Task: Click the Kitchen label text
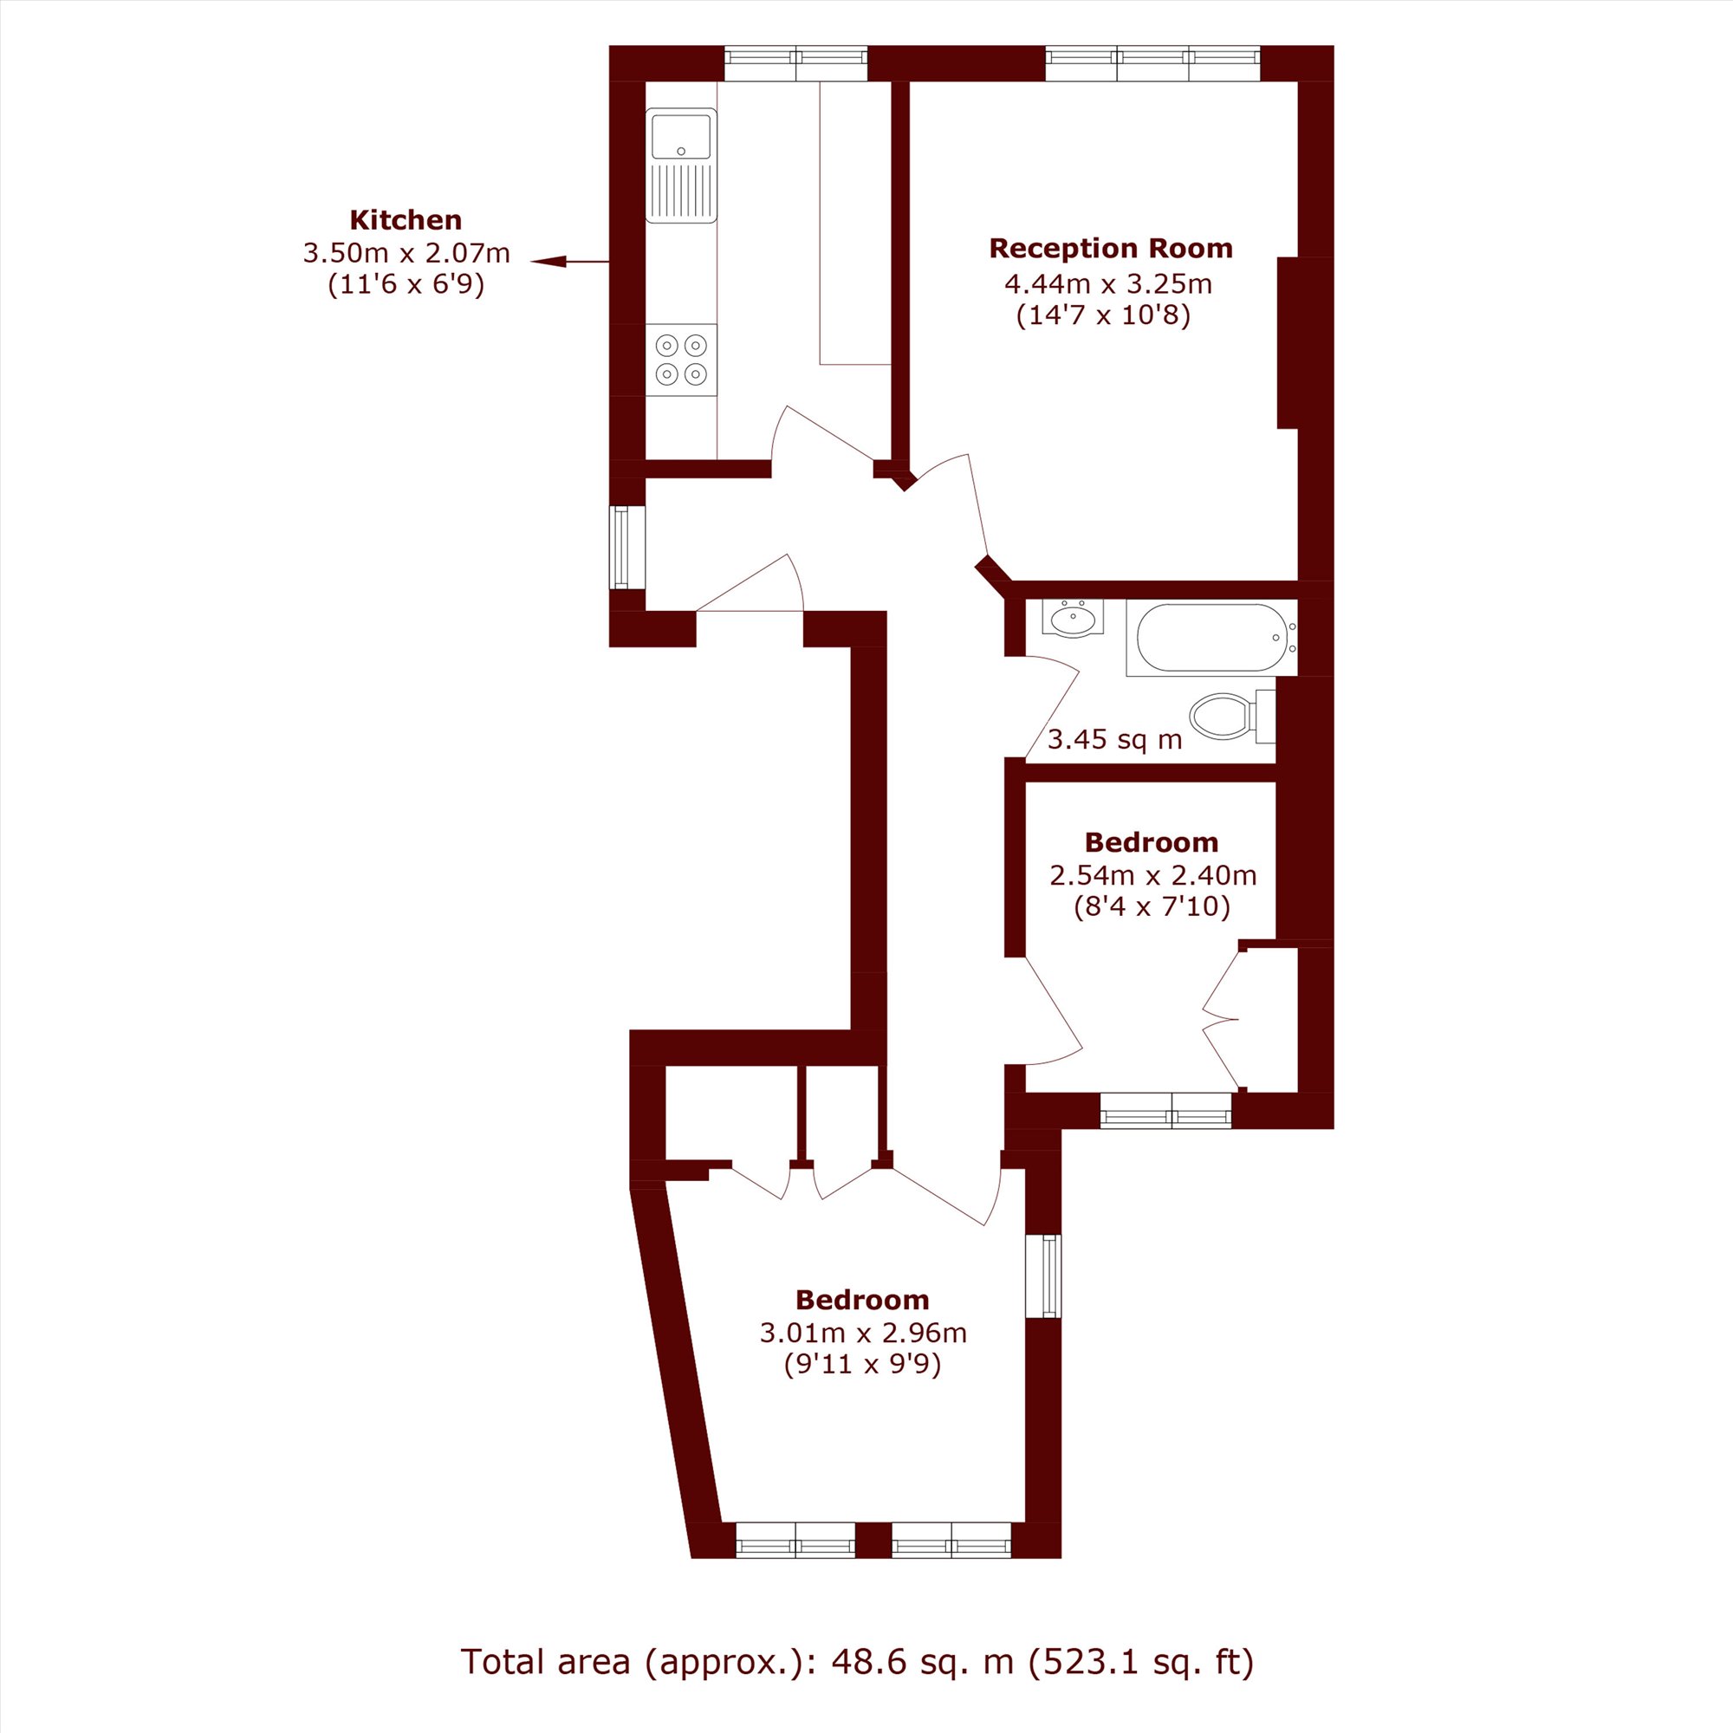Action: (x=406, y=220)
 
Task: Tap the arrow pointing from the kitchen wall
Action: (x=569, y=261)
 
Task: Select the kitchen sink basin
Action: (x=681, y=135)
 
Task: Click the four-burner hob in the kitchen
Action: (x=681, y=359)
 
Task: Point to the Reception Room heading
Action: (x=1111, y=249)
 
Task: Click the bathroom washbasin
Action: (x=1073, y=618)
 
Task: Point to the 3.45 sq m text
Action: (x=1115, y=739)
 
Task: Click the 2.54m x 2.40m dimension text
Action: (x=1152, y=874)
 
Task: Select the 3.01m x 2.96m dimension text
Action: (x=863, y=1332)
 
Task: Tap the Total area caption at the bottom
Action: (x=858, y=1661)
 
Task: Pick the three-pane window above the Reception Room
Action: (x=1152, y=63)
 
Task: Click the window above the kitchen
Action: (x=795, y=63)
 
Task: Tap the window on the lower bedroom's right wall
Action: (x=1042, y=1276)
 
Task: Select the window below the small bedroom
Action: (x=1166, y=1111)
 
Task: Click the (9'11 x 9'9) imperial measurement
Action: (x=863, y=1366)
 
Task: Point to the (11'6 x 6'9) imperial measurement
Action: (x=406, y=285)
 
